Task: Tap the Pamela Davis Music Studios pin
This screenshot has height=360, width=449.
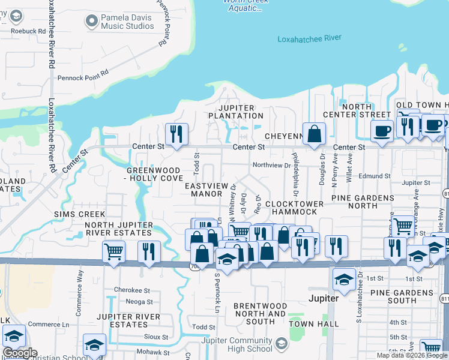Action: pos(91,22)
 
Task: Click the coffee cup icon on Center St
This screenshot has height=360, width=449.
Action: pos(381,130)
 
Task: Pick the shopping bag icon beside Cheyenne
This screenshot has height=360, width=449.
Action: pos(313,134)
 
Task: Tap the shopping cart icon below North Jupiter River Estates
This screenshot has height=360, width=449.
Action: pos(113,251)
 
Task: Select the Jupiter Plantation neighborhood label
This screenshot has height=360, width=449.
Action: pos(236,111)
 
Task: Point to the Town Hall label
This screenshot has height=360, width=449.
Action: pos(306,323)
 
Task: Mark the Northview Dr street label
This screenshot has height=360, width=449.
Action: pos(271,165)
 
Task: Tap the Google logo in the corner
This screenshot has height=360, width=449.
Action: pos(19,353)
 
